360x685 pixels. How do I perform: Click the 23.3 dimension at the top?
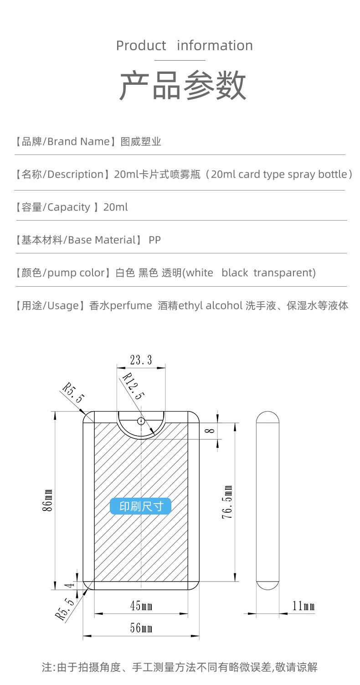[x=141, y=360]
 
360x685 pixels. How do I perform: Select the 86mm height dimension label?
[x=48, y=500]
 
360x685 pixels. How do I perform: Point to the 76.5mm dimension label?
[x=229, y=502]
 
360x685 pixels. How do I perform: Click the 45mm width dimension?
[x=141, y=606]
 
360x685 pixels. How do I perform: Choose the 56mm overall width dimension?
[x=141, y=628]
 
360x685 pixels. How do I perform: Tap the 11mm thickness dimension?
[x=303, y=606]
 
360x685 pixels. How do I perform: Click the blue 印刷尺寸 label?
[x=141, y=506]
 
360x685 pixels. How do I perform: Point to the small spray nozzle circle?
[x=141, y=421]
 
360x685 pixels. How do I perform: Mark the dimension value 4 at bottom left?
[x=71, y=586]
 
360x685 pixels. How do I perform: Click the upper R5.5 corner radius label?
[x=73, y=393]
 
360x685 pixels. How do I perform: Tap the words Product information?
[x=184, y=46]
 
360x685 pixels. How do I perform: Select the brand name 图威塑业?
[x=141, y=142]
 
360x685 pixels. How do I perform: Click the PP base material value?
[x=154, y=240]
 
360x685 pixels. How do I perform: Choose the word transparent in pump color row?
[x=284, y=273]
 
